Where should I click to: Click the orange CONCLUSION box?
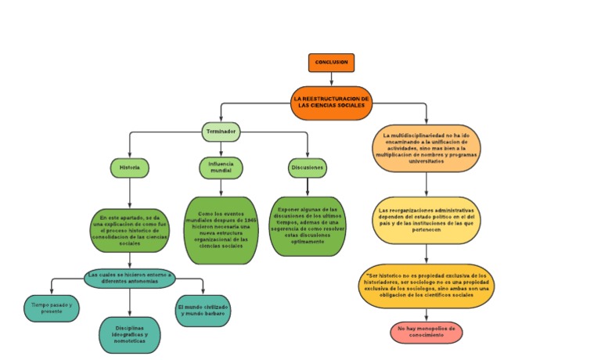(x=331, y=62)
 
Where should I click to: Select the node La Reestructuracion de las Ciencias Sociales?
(x=331, y=103)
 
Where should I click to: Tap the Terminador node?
(x=220, y=131)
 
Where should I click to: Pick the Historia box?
(x=129, y=167)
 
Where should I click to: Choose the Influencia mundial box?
(x=220, y=167)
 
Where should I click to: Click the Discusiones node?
(x=308, y=167)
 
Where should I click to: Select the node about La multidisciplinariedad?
(x=426, y=146)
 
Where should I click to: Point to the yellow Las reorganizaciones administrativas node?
(x=426, y=221)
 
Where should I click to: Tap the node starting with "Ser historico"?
(x=426, y=285)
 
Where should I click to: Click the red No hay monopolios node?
(x=426, y=333)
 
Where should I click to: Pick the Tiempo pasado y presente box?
(x=52, y=308)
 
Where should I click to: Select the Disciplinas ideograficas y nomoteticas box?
(x=129, y=334)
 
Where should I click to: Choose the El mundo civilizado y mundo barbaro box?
(x=203, y=309)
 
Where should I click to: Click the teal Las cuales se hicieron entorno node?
(x=129, y=278)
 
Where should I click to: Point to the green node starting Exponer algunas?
(x=308, y=226)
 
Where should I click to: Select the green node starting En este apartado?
(x=129, y=231)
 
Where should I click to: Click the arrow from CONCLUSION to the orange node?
(x=331, y=78)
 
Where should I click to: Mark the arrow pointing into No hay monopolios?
(x=426, y=315)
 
